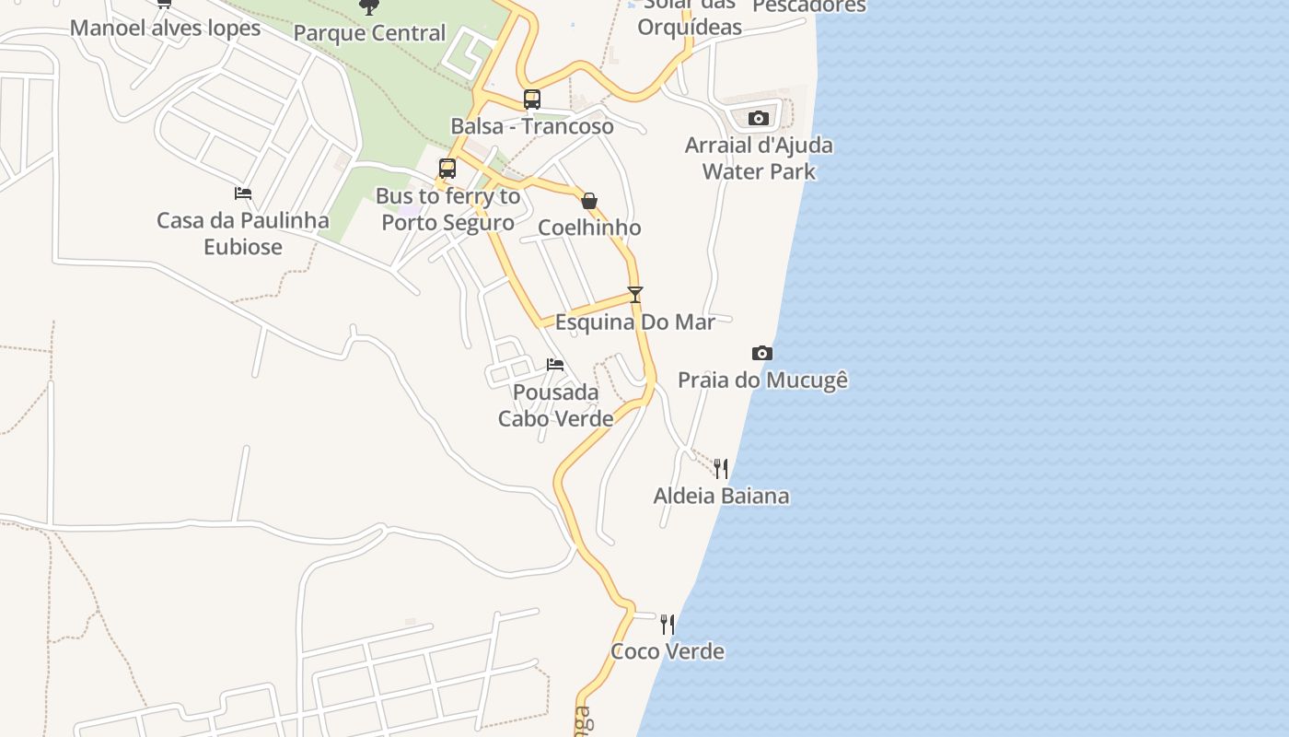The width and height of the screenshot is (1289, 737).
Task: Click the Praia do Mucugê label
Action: [x=762, y=380]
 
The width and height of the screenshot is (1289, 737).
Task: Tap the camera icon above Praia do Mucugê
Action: [x=761, y=353]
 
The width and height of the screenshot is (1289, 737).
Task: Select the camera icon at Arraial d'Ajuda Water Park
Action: [x=759, y=118]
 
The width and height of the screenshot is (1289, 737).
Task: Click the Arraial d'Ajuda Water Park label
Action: [x=759, y=158]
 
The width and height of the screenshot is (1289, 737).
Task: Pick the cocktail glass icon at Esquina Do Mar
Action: [x=634, y=295]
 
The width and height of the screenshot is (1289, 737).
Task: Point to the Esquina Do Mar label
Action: [x=634, y=322]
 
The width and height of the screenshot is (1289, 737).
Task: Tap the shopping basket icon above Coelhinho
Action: [x=589, y=201]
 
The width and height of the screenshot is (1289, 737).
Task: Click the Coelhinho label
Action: [x=589, y=228]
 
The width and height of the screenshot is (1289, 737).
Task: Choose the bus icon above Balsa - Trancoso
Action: [x=532, y=99]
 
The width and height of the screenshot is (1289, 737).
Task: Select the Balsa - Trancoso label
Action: [x=532, y=126]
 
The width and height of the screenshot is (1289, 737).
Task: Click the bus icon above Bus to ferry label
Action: [x=447, y=169]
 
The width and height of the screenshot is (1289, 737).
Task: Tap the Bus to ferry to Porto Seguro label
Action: [x=447, y=209]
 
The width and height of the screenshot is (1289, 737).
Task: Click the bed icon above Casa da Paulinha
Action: [x=243, y=193]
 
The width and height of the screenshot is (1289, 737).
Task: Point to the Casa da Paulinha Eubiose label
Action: [x=243, y=233]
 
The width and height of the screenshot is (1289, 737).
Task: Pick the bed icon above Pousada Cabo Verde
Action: [x=555, y=365]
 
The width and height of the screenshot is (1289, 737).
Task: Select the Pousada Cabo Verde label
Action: [x=556, y=405]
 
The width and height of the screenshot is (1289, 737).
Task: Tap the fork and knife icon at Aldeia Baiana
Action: [x=721, y=469]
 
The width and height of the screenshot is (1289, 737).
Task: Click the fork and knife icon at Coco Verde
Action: [x=668, y=625]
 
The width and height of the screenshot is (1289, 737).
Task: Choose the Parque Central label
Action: [x=369, y=33]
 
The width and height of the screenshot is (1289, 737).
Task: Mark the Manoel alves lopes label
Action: [x=166, y=28]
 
